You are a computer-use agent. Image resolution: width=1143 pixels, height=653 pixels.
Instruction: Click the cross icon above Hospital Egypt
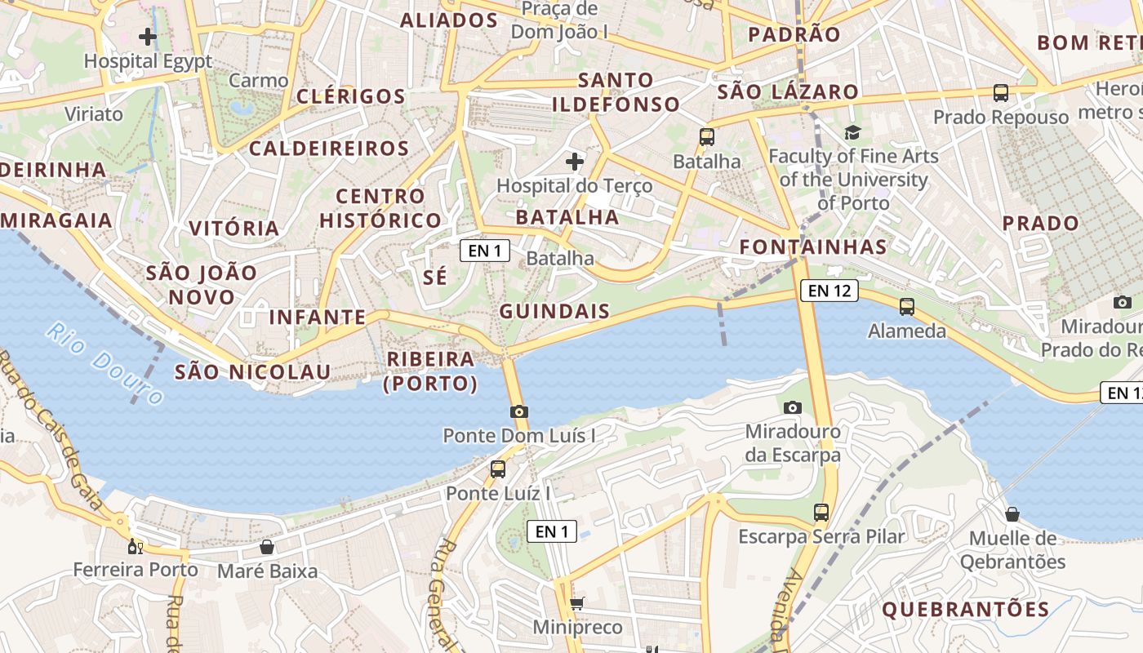148,37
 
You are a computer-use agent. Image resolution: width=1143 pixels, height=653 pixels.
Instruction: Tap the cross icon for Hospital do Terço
575,162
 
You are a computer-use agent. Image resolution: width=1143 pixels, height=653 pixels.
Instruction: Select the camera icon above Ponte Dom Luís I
519,411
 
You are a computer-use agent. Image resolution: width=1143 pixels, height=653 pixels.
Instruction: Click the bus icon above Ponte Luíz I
497,469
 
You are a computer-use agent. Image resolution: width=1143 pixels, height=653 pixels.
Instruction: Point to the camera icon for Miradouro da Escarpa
792,407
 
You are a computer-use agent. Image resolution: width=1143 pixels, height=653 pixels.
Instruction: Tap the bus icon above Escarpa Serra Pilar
821,513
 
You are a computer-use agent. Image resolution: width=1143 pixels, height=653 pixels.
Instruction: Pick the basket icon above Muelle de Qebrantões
1012,514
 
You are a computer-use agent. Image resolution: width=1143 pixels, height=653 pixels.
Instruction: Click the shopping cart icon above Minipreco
577,604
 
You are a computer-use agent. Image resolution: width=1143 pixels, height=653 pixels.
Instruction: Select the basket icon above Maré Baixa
266,547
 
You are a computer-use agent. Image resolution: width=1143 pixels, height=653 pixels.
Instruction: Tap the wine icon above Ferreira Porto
136,546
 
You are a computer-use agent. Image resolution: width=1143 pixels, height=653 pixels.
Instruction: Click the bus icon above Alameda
906,307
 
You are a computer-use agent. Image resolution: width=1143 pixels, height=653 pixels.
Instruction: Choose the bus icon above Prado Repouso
1001,93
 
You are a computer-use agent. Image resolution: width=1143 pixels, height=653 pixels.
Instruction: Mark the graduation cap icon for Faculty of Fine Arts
852,132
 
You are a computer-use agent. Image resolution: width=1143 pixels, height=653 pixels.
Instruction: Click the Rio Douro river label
105,364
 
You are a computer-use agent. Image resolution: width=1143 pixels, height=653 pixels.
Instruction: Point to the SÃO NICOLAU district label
253,373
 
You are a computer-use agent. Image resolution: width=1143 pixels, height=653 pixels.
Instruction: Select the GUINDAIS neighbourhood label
554,311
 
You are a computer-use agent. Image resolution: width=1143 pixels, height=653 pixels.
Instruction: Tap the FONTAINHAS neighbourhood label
812,247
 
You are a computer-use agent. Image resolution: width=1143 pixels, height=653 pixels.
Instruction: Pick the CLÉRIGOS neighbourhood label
351,96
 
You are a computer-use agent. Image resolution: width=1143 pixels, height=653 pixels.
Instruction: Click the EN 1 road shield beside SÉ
485,251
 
